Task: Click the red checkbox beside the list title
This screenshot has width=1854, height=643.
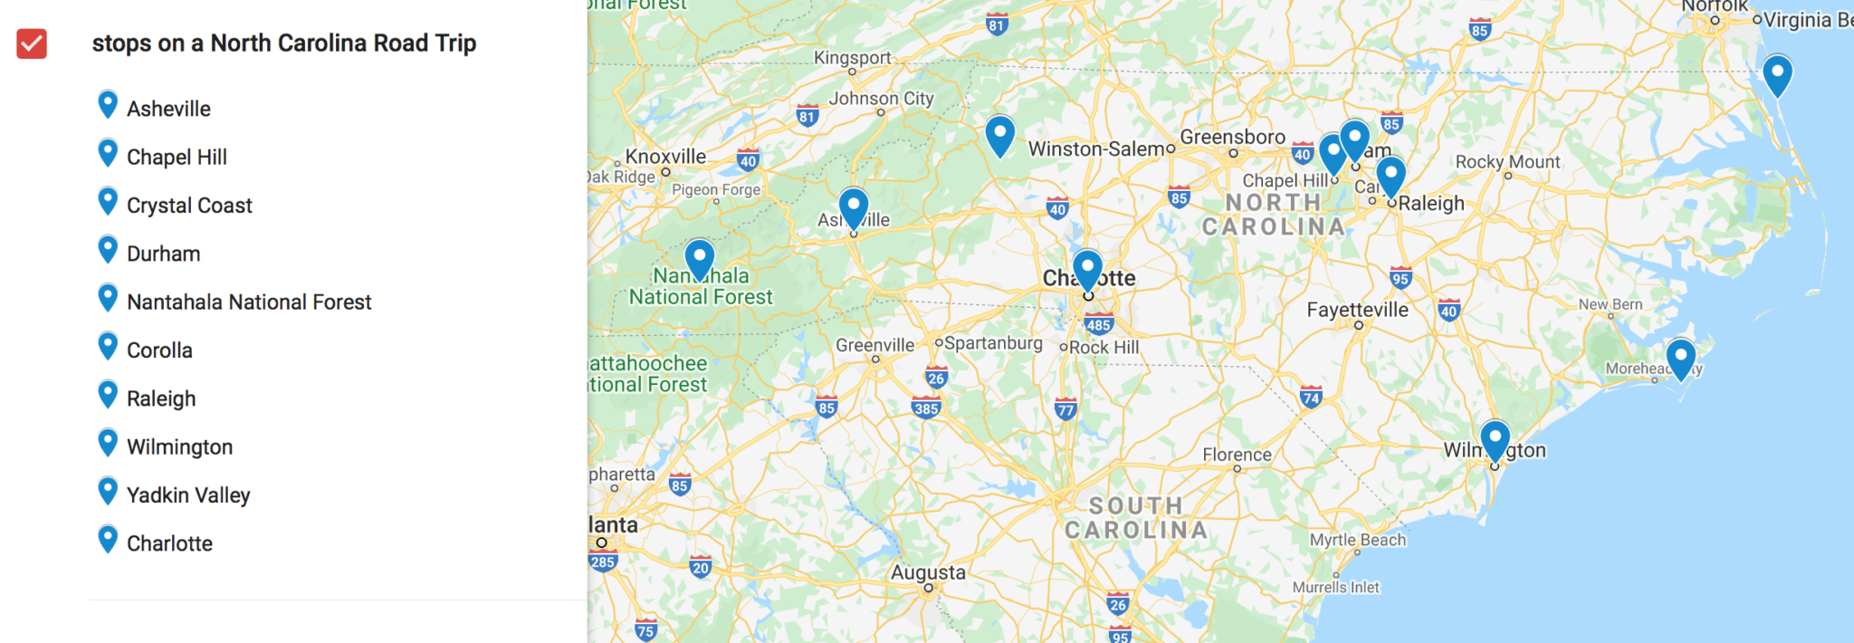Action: [x=32, y=43]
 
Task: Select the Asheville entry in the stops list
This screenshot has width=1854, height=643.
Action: [x=168, y=109]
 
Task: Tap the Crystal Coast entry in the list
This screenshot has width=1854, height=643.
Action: [x=189, y=206]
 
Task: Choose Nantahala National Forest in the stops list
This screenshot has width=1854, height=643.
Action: [x=249, y=302]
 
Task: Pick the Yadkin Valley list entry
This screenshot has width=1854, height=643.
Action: [x=188, y=495]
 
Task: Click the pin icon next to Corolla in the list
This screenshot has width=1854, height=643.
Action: [x=108, y=346]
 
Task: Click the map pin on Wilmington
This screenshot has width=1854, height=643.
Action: [x=1495, y=440]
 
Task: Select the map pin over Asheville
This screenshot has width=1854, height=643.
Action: [x=854, y=207]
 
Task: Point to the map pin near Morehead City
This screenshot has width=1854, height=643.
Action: [x=1681, y=358]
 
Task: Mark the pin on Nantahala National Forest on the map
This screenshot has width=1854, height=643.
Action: [x=700, y=259]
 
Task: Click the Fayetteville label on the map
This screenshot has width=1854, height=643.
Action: [x=1357, y=310]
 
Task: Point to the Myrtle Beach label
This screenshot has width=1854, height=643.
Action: [x=1358, y=540]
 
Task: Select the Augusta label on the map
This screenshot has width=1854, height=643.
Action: [x=928, y=572]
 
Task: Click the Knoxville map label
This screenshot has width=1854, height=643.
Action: [x=665, y=157]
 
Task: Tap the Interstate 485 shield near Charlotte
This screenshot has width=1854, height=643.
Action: [x=1098, y=324]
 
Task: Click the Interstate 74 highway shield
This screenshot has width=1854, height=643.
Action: [x=1311, y=397]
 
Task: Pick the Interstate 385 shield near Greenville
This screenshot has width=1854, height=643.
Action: [x=926, y=408]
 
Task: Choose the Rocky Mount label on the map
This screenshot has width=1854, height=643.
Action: [x=1507, y=162]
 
